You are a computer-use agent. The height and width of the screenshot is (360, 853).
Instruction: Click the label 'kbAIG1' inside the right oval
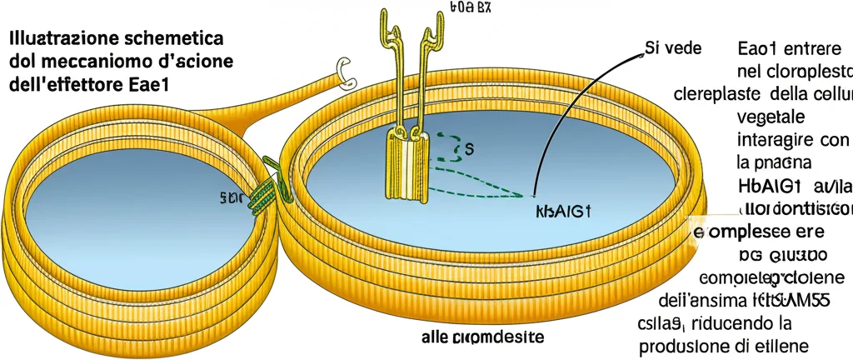(561, 212)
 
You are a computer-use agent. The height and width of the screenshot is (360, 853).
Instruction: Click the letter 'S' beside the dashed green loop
(468, 150)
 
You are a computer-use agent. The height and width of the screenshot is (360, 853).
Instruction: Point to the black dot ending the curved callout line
(533, 197)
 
